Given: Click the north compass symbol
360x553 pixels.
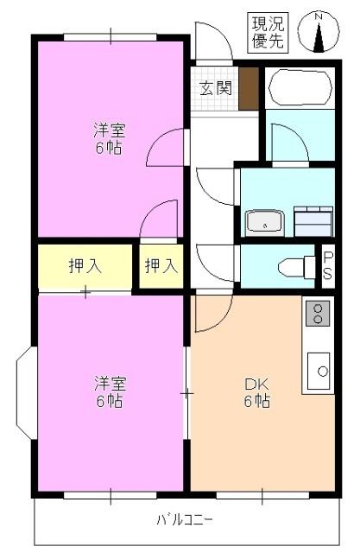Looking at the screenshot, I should point(318,33).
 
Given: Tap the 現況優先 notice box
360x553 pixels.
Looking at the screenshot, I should point(268,31).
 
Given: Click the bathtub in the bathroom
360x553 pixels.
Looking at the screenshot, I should point(300,86).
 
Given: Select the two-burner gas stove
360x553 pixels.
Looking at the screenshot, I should point(317,313).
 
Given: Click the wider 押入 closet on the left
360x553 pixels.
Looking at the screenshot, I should point(85,266).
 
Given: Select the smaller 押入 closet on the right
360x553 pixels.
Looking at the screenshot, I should point(161,266).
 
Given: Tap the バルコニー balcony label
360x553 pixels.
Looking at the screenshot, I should point(185,520).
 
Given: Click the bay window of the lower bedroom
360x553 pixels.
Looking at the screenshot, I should point(25,394).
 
